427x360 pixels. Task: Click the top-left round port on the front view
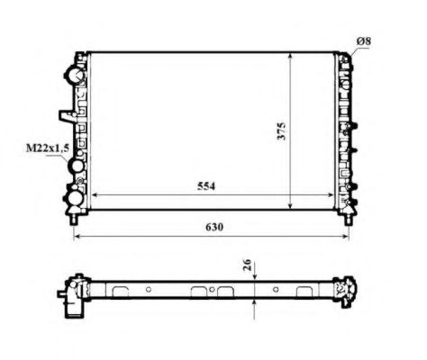pos(76,75)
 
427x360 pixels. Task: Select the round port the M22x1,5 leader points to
pos(76,167)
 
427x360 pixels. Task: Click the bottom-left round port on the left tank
pos(76,195)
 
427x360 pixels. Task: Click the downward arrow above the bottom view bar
pos(256,277)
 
